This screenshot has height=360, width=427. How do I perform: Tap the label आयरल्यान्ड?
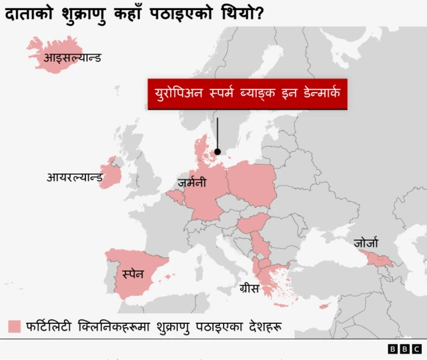74,177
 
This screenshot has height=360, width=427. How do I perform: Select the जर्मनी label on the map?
192,182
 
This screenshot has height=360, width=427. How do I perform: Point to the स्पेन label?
133,274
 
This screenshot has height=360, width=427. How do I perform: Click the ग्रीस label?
249,289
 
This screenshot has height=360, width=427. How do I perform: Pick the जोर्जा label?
366,243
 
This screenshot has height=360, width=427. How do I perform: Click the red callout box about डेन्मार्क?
247,94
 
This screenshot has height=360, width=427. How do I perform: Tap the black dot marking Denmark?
217,151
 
